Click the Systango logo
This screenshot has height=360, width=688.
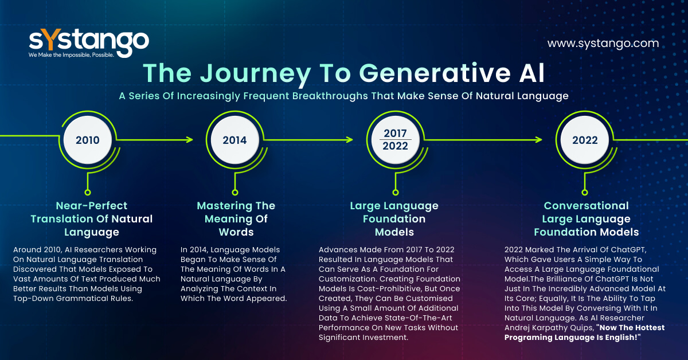[x=89, y=44]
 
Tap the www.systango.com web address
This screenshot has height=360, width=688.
[x=603, y=44]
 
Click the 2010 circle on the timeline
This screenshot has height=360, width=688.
[x=88, y=140]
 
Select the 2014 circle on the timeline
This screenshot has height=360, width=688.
[x=234, y=140]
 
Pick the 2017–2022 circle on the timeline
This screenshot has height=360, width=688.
[x=395, y=140]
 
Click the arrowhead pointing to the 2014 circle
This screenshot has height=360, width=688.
[x=189, y=140]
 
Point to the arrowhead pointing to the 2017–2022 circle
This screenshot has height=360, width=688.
[x=349, y=140]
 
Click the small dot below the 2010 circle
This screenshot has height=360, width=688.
[x=88, y=193]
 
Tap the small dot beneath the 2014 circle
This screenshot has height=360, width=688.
[x=235, y=193]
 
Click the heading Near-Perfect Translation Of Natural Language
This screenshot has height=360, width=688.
[x=92, y=219]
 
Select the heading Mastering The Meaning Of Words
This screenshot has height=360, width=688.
[x=236, y=219]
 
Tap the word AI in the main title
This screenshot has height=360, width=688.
[x=532, y=73]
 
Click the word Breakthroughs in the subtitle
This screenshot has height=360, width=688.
[x=330, y=96]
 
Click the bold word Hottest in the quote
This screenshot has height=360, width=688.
[x=649, y=327]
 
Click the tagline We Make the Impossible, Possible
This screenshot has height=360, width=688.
[x=71, y=55]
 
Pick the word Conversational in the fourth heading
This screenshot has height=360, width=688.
[x=586, y=205]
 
